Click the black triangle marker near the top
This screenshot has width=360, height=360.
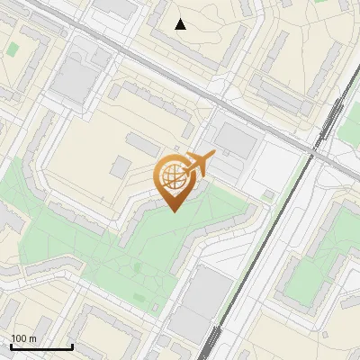coord(181,24)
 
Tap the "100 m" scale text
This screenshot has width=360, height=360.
coord(23,338)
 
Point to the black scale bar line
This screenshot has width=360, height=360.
coord(41,346)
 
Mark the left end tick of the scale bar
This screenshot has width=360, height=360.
coord(11,345)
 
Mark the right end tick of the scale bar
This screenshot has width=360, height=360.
coord(72,345)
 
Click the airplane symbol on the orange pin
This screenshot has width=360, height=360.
coord(198,164)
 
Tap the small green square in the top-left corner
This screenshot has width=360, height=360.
coord(13,48)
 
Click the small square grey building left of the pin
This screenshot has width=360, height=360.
coord(121,166)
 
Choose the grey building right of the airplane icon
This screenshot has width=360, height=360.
coord(236,139)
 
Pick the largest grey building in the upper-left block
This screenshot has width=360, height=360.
coord(73,81)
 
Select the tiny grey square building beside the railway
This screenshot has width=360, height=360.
coord(267,194)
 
